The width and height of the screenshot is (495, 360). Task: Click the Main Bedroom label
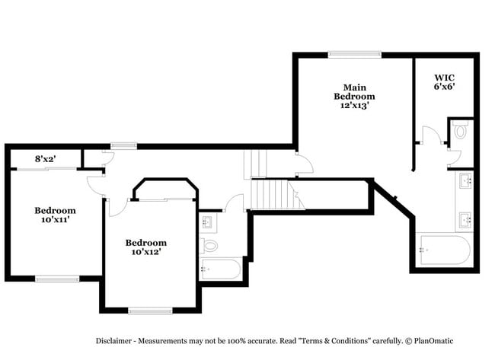point(354,92)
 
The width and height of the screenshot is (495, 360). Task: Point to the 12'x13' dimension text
point(354,106)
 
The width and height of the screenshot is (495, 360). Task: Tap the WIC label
point(445,78)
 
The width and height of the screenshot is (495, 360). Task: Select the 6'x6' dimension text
point(445,88)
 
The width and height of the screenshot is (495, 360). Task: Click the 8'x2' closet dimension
point(45,159)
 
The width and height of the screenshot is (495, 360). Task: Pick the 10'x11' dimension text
point(55,221)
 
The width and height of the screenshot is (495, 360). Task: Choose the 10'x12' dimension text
point(145,252)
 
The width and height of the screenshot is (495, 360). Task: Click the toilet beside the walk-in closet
point(460,131)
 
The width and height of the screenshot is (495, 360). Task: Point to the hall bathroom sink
point(207,222)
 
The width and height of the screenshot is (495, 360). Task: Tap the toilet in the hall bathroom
point(209,245)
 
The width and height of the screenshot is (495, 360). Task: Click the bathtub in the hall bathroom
point(220,268)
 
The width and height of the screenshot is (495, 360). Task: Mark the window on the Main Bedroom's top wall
point(354,54)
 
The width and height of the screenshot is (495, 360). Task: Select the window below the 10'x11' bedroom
point(57,279)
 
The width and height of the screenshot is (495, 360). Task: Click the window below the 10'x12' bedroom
point(149,310)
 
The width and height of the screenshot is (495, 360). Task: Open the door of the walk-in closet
point(430,136)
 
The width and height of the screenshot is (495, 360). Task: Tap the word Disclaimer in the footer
point(117,341)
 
